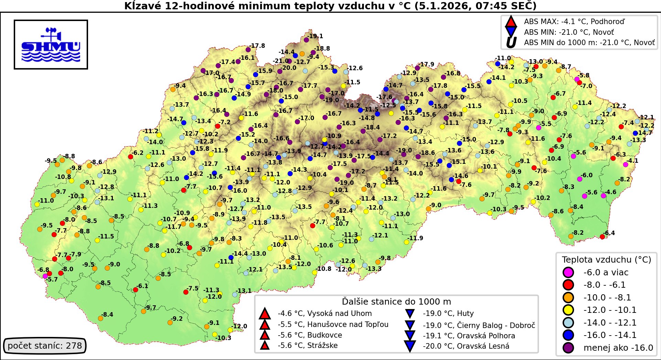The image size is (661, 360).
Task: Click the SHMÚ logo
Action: tap(51, 45)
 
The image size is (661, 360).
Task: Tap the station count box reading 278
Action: tap(45, 346)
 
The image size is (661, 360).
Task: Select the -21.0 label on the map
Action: tap(281, 61)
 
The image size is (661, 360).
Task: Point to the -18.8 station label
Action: tap(323, 49)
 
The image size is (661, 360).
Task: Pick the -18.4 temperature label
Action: tap(372, 127)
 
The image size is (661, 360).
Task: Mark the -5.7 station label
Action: tap(52, 280)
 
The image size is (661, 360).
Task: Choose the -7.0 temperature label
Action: tap(586, 86)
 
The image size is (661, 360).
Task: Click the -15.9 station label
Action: tap(265, 71)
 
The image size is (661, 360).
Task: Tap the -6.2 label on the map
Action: tap(138, 153)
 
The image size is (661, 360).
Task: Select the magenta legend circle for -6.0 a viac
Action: tap(568, 272)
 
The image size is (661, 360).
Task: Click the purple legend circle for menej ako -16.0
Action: tap(568, 348)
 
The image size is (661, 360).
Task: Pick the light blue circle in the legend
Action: tap(568, 322)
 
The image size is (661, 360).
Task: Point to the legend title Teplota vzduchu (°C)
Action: tap(606, 260)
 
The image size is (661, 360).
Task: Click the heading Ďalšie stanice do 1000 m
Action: tap(396, 302)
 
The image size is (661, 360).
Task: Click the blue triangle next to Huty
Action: tap(410, 314)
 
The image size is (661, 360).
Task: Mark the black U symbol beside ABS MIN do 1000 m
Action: tap(511, 43)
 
